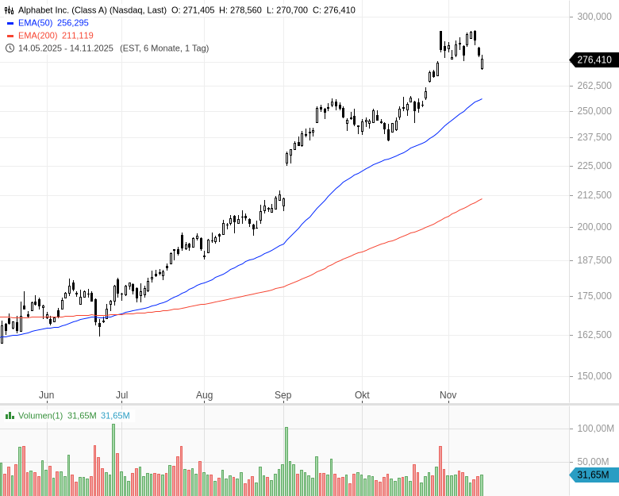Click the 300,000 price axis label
point(594,17)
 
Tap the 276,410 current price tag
point(594,60)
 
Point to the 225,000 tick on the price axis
point(594,166)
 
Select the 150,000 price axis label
point(594,375)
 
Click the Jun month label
point(46,394)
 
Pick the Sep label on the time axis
point(283,394)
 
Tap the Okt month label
point(363,394)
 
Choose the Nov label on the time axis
point(448,394)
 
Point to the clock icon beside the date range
point(10,48)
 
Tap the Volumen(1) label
point(40,416)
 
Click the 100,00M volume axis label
point(594,429)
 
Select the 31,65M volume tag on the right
point(594,475)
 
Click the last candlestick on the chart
point(483,62)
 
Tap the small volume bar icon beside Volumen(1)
point(10,416)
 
